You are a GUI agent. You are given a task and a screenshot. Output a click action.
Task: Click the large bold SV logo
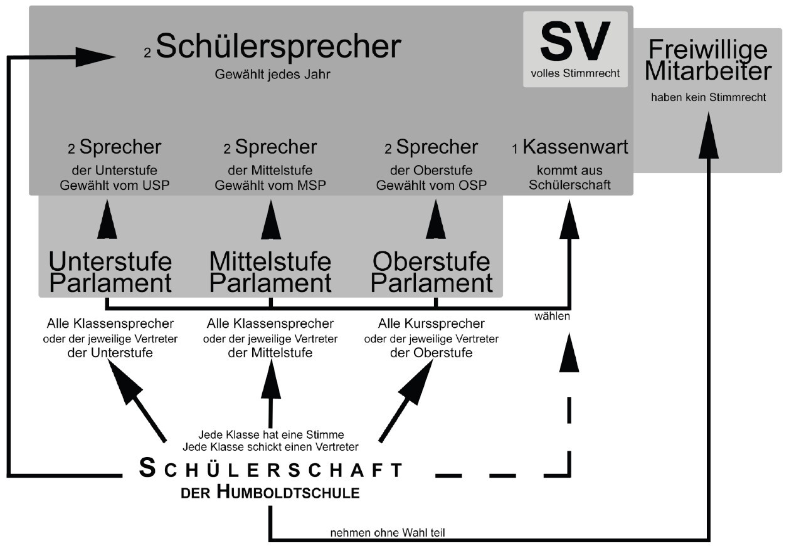(x=575, y=41)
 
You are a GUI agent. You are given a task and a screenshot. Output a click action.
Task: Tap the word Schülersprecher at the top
(x=278, y=47)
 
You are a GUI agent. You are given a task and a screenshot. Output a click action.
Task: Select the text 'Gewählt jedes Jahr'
(x=272, y=75)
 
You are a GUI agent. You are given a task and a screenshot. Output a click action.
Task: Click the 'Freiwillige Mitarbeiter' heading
(x=707, y=61)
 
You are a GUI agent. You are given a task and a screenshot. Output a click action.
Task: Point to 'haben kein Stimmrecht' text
(x=707, y=98)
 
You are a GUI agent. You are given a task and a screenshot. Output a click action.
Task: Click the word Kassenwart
(x=575, y=147)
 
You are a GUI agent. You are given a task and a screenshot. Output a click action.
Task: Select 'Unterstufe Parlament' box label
(x=110, y=272)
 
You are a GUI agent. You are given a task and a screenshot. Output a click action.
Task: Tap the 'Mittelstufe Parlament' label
(x=270, y=272)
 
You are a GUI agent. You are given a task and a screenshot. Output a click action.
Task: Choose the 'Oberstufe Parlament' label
(x=432, y=272)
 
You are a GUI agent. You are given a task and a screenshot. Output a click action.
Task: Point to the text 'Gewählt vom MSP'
(x=270, y=185)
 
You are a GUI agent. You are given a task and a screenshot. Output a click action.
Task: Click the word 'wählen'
(x=552, y=317)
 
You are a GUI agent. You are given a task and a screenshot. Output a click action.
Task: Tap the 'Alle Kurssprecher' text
(x=432, y=324)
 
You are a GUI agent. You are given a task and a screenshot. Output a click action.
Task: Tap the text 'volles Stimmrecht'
(x=575, y=73)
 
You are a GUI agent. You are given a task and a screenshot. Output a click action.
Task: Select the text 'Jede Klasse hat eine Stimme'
(x=271, y=434)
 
